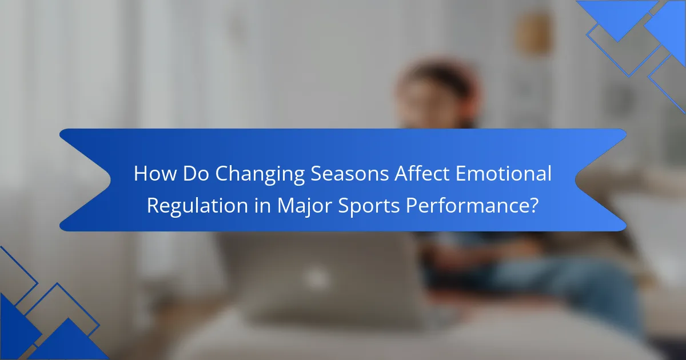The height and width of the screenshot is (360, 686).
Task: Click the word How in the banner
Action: (155, 174)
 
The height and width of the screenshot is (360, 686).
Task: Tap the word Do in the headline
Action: (196, 174)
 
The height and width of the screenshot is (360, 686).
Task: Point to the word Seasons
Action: (349, 174)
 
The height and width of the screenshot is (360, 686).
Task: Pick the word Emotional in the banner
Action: (504, 173)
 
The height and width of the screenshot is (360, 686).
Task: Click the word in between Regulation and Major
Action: (262, 205)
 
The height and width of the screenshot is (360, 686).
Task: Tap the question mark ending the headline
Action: (533, 205)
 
